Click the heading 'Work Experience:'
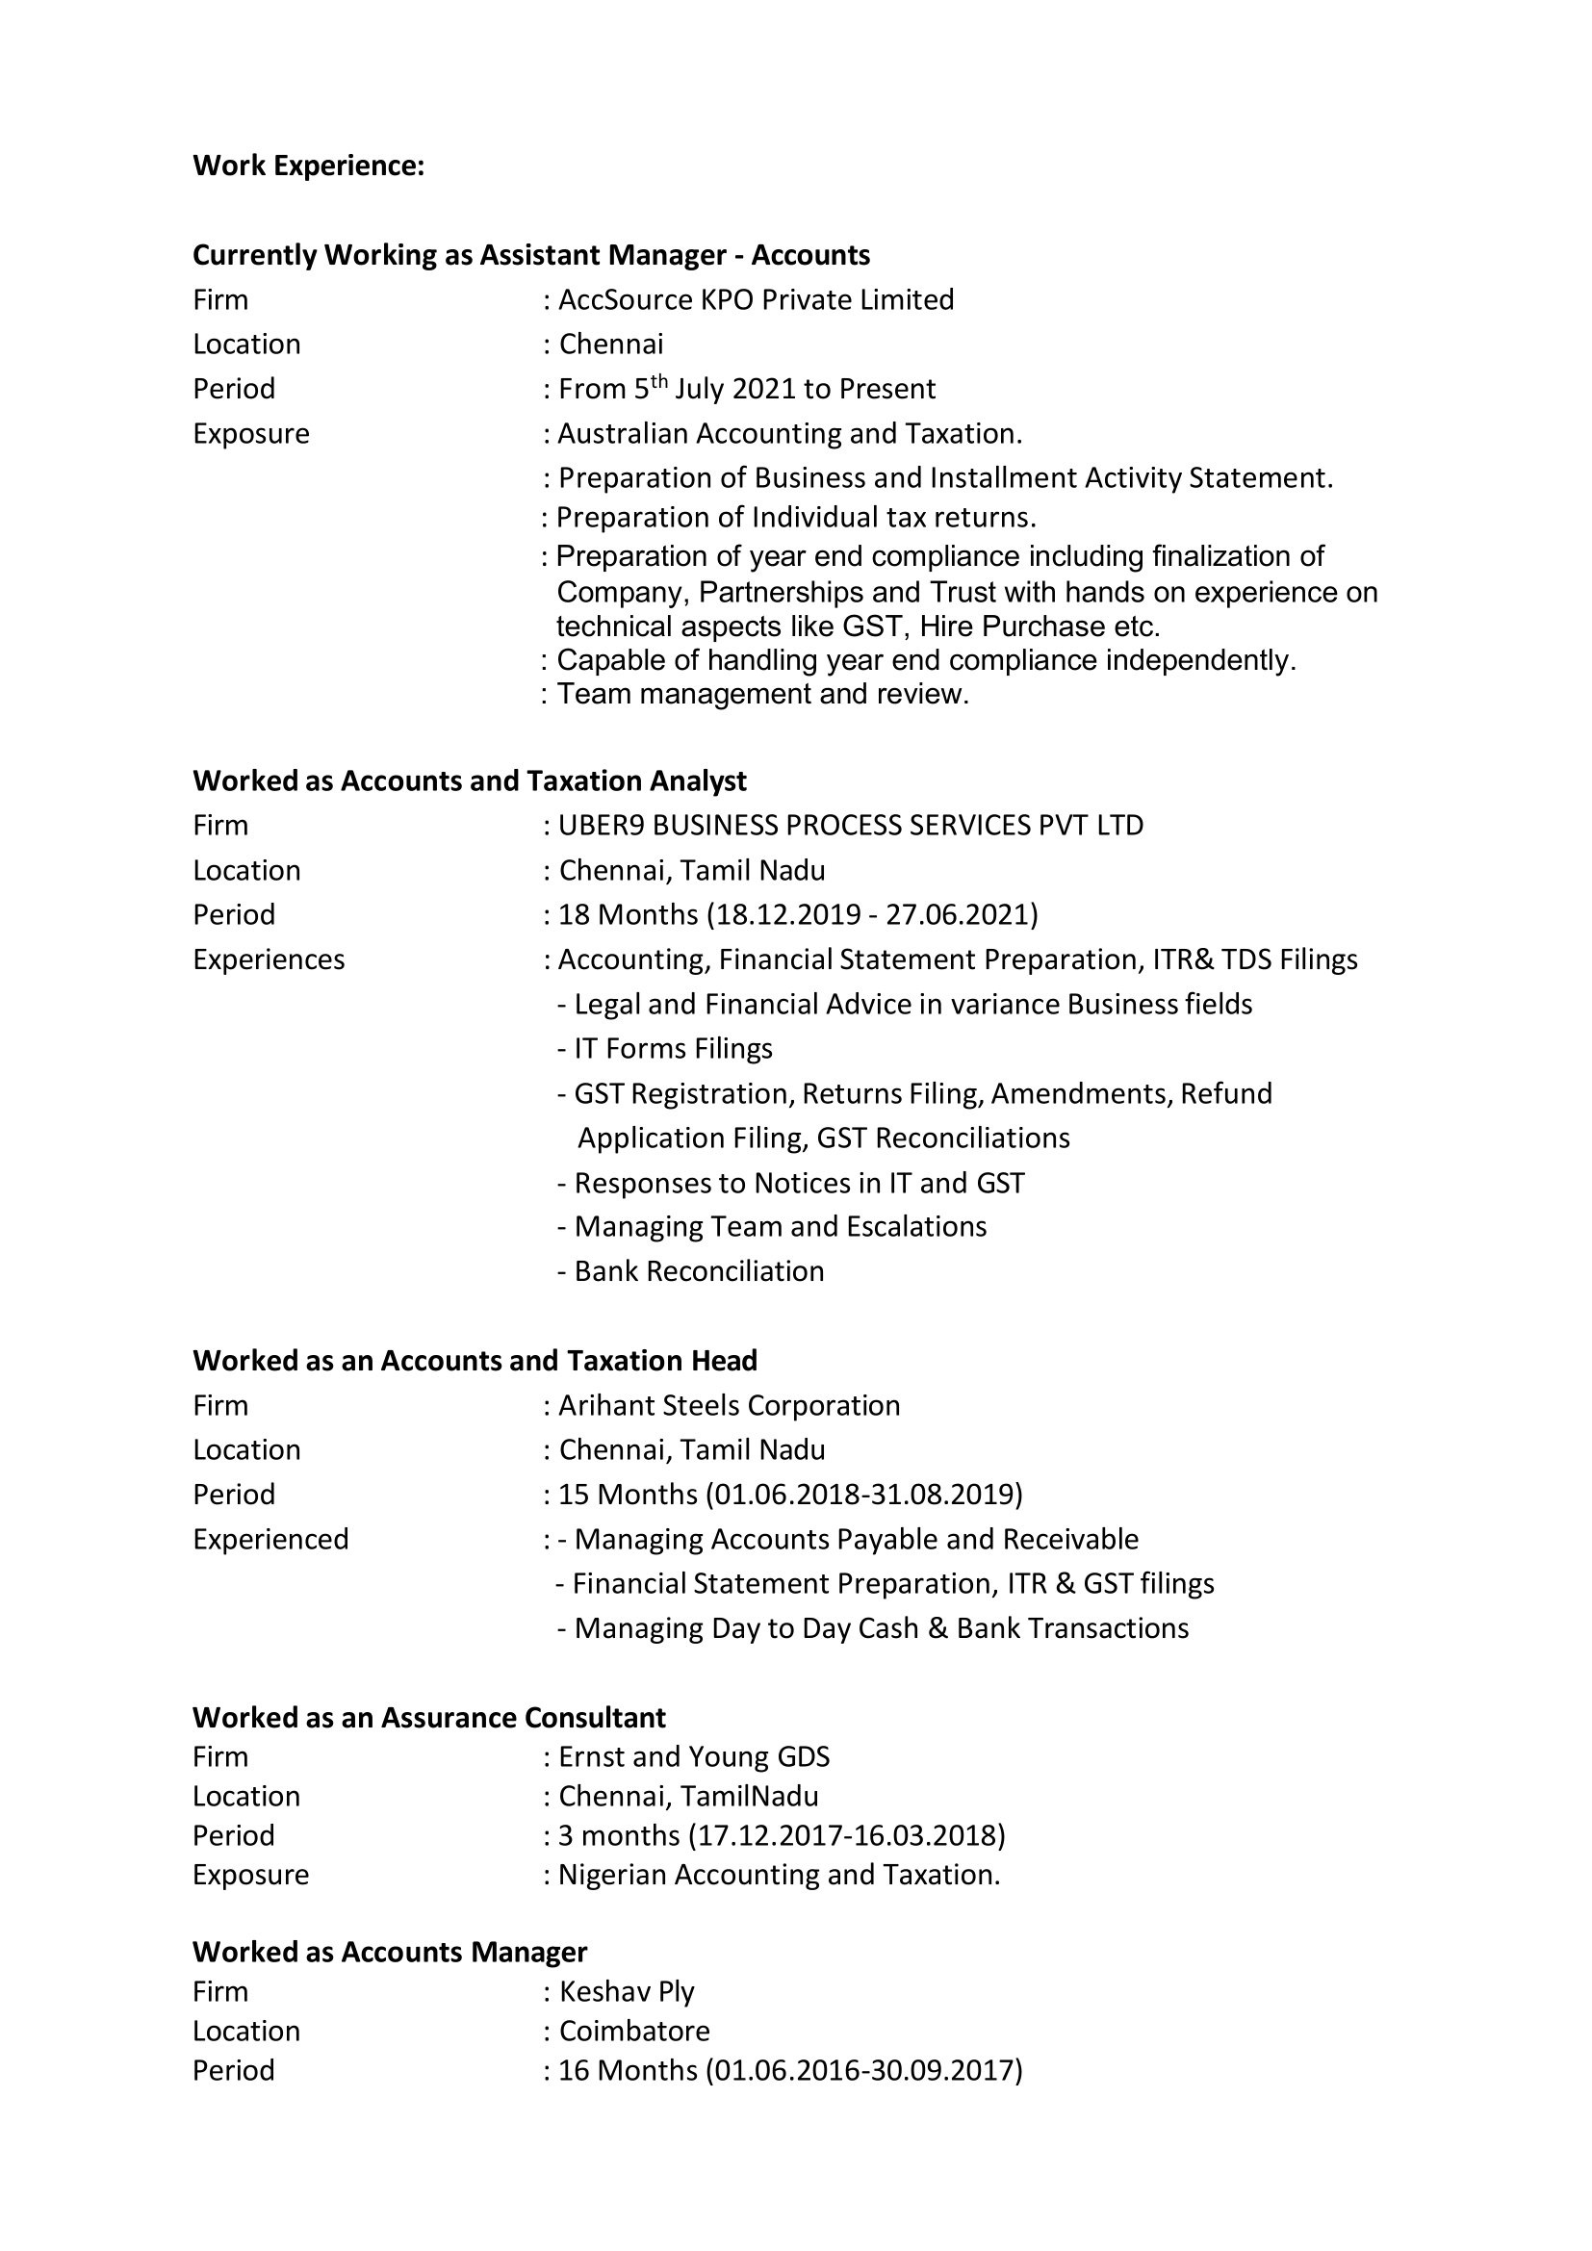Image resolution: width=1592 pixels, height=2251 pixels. (x=309, y=166)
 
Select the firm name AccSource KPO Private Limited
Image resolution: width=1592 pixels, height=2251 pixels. (x=756, y=300)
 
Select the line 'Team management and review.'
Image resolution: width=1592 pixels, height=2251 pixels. (x=762, y=694)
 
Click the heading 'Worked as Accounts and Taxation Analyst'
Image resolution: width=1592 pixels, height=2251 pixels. (x=470, y=781)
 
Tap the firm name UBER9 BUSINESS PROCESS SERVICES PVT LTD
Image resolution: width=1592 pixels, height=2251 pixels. (x=851, y=826)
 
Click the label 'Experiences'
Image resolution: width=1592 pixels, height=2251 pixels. (x=269, y=959)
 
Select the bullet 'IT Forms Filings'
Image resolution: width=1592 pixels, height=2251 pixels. (x=674, y=1049)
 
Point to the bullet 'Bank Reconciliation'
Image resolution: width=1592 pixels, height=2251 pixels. (x=699, y=1271)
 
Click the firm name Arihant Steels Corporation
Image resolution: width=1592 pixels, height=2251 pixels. (x=730, y=1406)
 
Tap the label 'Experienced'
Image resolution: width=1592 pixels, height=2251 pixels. (x=270, y=1539)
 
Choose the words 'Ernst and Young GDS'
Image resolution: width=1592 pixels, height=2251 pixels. (x=694, y=1757)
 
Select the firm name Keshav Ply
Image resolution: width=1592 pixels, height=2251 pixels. (x=627, y=1992)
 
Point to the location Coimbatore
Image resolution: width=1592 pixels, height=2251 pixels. (x=634, y=2032)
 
